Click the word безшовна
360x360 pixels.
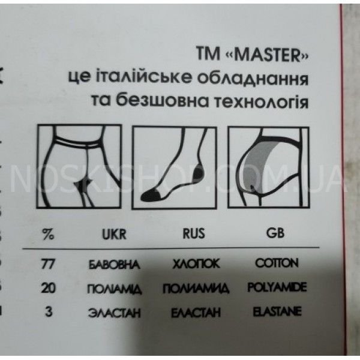[x=164, y=101]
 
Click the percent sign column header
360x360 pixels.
[x=49, y=234]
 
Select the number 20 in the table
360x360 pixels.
[x=49, y=288]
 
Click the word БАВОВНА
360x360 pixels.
[x=114, y=264]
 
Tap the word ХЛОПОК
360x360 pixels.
[x=192, y=264]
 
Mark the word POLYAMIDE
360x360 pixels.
[x=277, y=287]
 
